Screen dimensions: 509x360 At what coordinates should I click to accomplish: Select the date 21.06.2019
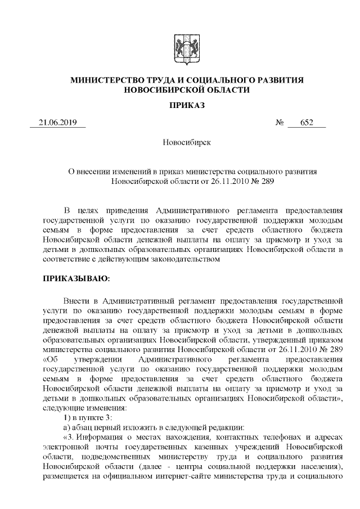click(58, 123)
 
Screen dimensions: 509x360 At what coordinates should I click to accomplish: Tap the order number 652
click(307, 123)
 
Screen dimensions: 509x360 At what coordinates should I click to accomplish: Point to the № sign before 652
click(280, 123)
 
